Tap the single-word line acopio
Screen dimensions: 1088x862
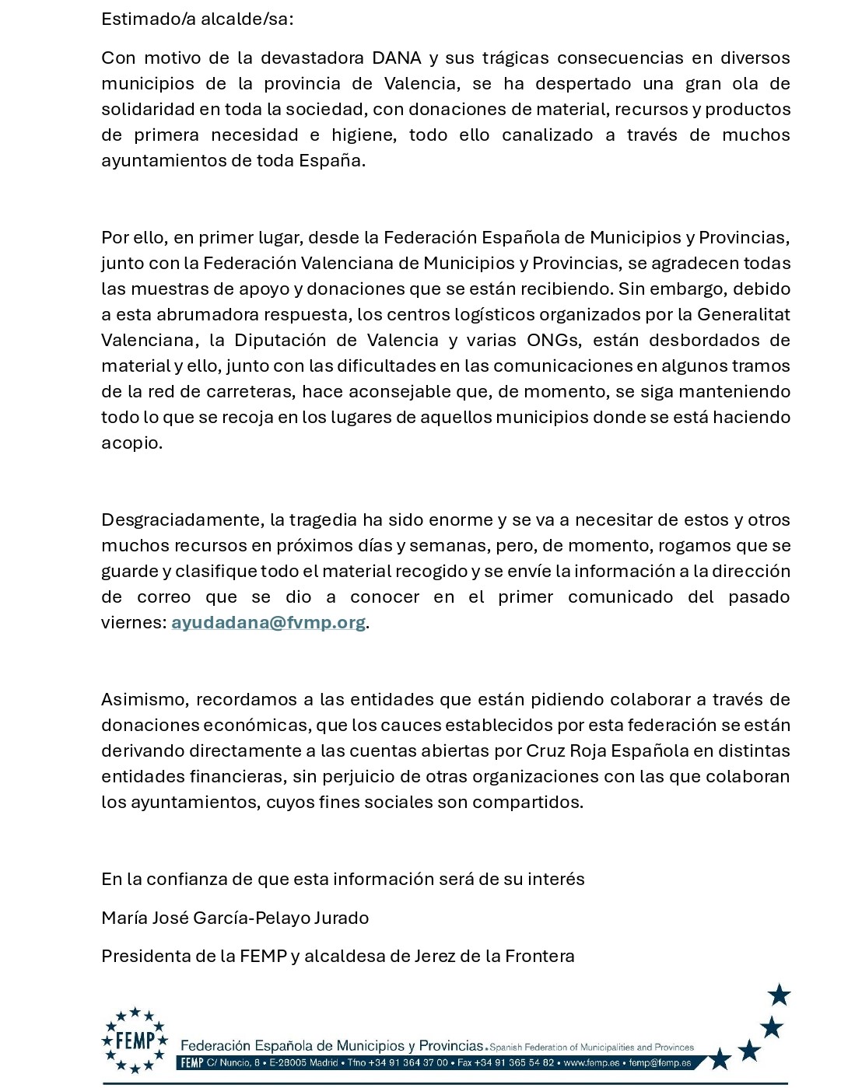(131, 443)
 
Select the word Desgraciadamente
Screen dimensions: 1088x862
(181, 520)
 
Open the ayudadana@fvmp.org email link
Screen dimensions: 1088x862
(268, 623)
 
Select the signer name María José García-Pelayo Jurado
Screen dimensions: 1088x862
(235, 918)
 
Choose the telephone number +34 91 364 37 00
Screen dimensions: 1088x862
(408, 1063)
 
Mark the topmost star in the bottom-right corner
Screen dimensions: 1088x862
(779, 995)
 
